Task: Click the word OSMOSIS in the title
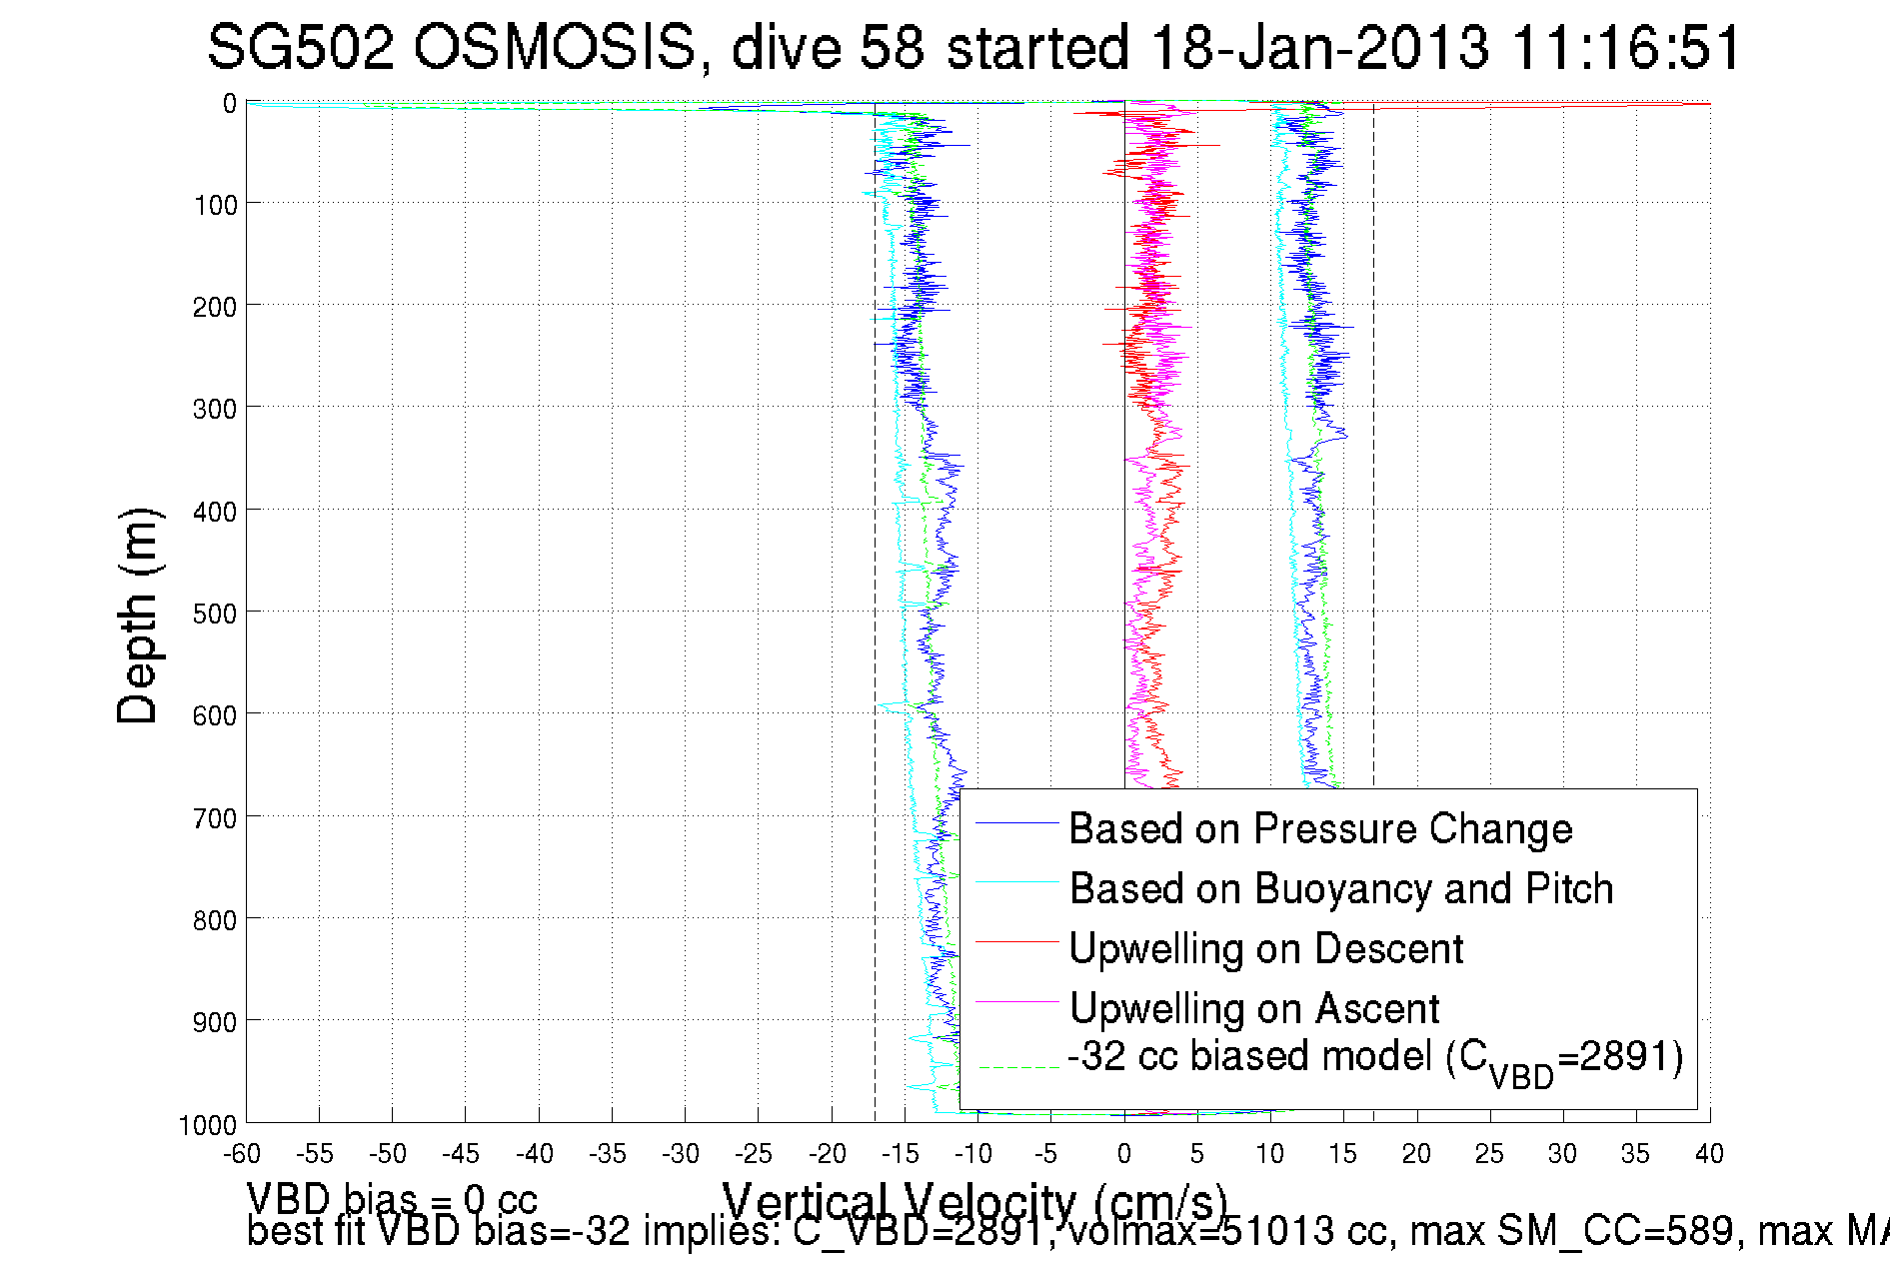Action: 554,47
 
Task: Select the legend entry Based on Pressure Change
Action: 1320,828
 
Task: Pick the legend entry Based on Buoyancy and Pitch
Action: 1341,888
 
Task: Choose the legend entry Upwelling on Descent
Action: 1265,948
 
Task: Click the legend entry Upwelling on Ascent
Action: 1254,1008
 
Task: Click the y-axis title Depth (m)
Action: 138,616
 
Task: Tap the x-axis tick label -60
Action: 242,1154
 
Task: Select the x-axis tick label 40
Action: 1709,1154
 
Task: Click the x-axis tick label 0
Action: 1124,1154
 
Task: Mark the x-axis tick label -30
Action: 681,1154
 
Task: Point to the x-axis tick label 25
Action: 1489,1154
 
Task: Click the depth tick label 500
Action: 214,614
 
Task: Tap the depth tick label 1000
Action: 208,1125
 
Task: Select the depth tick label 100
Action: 214,206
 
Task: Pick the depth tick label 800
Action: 214,920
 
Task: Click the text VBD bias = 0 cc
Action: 392,1198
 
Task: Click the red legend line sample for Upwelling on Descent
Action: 1016,941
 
